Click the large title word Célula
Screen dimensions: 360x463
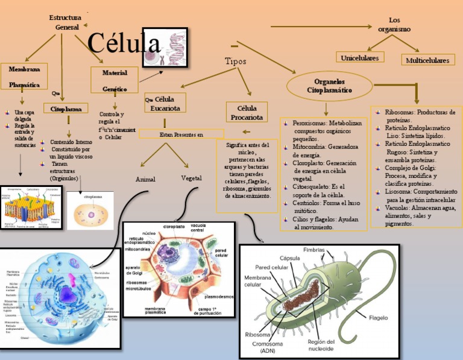pos(124,44)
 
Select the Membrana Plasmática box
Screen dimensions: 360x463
pos(24,77)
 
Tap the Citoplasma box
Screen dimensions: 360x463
pos(66,109)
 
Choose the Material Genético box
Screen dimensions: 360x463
pos(115,80)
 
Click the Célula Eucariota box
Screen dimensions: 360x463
pos(165,103)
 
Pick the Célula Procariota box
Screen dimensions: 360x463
pos(247,112)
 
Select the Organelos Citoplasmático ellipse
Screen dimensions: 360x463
pos(330,86)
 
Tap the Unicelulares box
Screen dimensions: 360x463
pos(359,58)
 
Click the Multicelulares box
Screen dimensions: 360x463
pos(427,60)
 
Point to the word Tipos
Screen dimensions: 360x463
pos(235,62)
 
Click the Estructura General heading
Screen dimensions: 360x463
pos(66,22)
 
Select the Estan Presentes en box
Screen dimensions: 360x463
pos(181,134)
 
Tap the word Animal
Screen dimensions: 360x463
pos(146,180)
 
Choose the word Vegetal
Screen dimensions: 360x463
pos(191,178)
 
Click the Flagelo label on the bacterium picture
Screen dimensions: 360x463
pos(378,316)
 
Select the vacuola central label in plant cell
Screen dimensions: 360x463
pos(197,228)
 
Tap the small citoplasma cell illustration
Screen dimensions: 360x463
pos(90,211)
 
